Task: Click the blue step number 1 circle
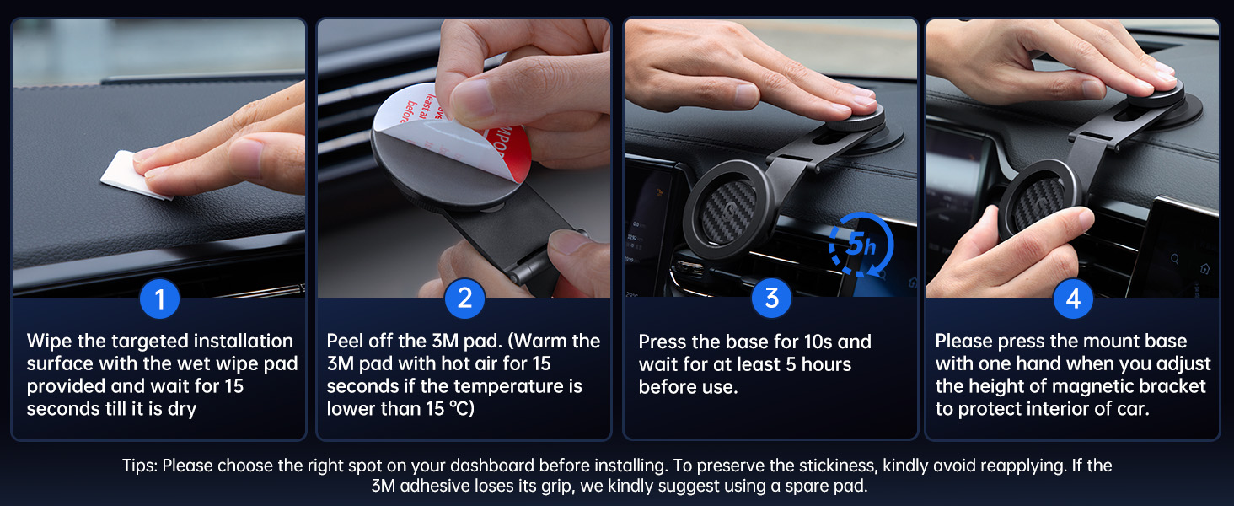[160, 299]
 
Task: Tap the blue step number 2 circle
[465, 299]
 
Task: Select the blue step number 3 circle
[772, 299]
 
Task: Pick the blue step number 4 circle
[1073, 299]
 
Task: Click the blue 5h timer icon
[861, 245]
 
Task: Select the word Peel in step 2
[345, 342]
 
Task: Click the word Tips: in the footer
[140, 466]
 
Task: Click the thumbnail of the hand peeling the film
[464, 159]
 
